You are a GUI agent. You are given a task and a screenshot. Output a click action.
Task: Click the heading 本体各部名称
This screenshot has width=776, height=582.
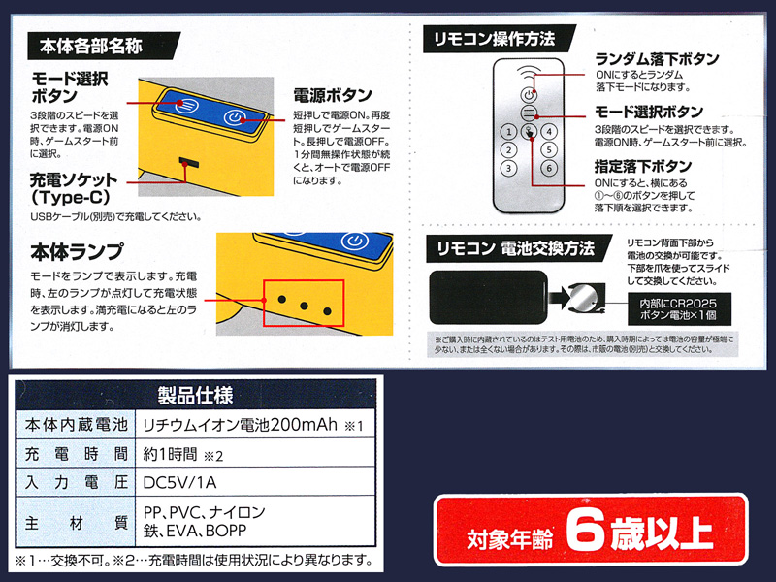pos(90,46)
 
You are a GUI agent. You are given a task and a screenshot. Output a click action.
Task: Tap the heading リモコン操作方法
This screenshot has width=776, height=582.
pos(494,39)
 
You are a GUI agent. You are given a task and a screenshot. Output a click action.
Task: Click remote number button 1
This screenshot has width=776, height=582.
pos(508,132)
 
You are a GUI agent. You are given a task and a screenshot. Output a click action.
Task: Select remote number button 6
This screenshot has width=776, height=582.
pos(549,168)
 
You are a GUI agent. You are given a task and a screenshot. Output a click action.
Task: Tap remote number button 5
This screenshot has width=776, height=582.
pos(549,149)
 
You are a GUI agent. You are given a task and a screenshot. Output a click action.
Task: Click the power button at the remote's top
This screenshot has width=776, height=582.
pos(529,94)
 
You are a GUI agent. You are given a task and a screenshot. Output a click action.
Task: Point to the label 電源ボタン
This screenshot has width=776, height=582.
pos(333,95)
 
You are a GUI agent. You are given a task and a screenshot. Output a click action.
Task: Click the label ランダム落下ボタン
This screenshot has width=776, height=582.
pos(657,59)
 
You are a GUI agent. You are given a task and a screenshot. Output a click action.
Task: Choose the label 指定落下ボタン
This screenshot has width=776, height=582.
pos(643,166)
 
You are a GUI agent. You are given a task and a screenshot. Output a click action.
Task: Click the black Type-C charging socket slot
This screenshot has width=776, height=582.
pos(189,162)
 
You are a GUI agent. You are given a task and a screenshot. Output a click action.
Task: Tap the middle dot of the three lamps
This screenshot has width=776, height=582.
pos(304,306)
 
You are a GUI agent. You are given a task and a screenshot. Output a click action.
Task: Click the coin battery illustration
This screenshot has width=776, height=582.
pos(585,299)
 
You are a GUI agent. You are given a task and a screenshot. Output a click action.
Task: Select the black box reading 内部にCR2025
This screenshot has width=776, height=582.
pos(678,309)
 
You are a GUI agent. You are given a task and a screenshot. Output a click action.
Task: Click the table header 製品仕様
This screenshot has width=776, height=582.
pos(196,396)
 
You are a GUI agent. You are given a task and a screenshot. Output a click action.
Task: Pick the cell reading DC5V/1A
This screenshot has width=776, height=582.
pos(179,482)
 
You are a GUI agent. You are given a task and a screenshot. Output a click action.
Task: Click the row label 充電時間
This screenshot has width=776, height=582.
pos(77,454)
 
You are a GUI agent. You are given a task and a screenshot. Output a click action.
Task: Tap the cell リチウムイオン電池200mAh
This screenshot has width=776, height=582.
pos(240,425)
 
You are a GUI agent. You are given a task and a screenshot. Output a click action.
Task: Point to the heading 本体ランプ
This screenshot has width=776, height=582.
pos(77,251)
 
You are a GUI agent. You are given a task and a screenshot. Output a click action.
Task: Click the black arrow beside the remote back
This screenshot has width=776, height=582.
pos(560,298)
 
